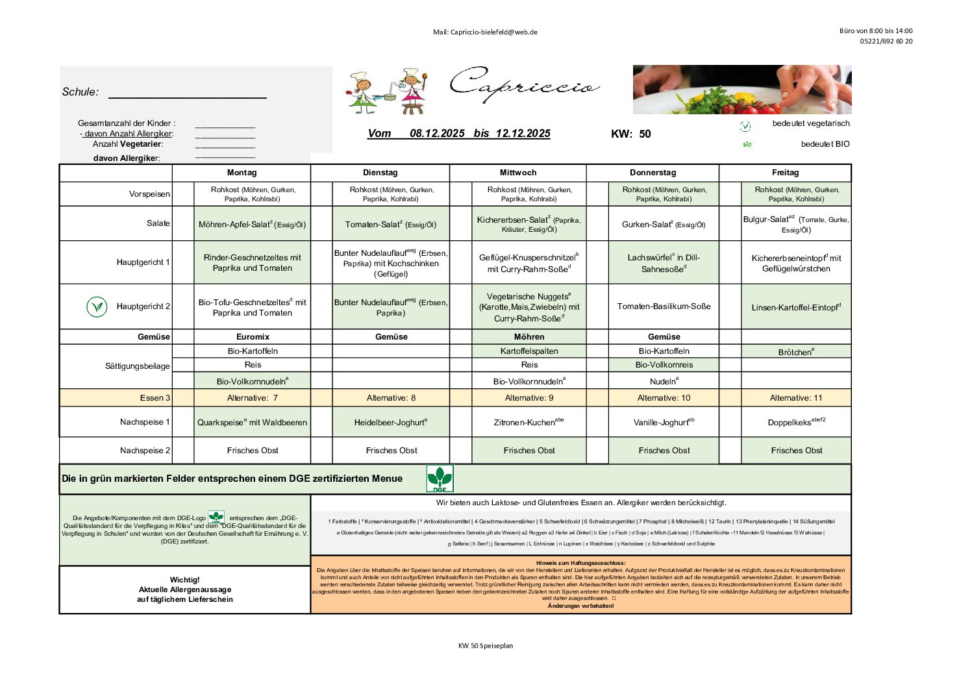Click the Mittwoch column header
pos(518,173)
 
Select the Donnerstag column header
pos(653,173)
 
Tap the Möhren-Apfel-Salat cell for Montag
pos(252,225)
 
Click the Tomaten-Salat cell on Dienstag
pos(391,225)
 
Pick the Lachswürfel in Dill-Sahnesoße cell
pos(664,263)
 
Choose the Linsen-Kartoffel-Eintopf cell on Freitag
pos(796,307)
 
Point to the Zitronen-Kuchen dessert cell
pos(529,422)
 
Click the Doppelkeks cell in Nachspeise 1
pos(796,422)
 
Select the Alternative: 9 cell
pos(529,398)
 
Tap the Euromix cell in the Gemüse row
pos(253,337)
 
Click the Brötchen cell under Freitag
pos(796,352)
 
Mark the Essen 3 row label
pos(155,398)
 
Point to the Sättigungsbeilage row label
pos(138,366)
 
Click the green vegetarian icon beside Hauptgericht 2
pos(97,306)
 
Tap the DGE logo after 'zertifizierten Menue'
pos(440,479)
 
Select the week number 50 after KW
pos(645,134)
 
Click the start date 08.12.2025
pos(437,134)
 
